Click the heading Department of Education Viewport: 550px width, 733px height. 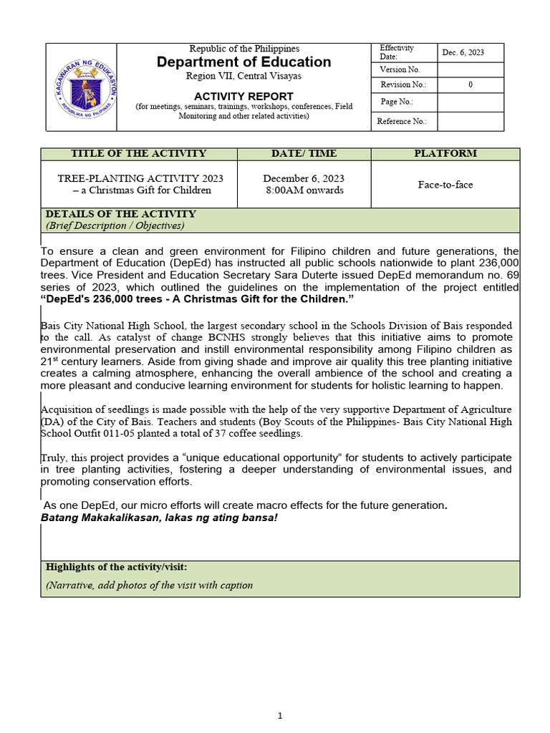(244, 62)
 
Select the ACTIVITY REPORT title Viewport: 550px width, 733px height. (244, 96)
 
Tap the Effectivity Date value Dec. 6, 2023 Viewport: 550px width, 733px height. (463, 52)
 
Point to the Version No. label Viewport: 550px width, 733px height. (400, 69)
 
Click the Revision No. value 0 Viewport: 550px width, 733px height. (470, 85)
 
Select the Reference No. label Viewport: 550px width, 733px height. (402, 122)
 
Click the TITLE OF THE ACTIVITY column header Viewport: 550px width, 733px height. (138, 154)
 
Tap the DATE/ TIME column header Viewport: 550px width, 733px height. (304, 154)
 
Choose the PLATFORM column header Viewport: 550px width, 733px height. (445, 154)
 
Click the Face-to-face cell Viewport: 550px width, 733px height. (445, 185)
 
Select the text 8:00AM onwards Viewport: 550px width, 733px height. (304, 190)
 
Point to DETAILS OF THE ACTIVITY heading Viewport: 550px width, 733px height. (120, 214)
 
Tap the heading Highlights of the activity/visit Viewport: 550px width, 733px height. (116, 567)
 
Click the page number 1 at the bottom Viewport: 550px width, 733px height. (281, 715)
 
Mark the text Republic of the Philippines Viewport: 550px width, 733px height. (244, 49)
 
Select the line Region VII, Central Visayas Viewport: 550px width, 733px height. (244, 76)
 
